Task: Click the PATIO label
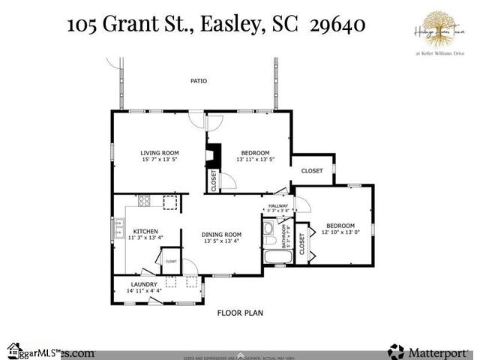[198, 81]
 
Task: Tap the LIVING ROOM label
[160, 152]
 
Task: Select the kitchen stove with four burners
[144, 201]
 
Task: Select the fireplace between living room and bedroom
[213, 156]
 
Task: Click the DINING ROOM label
[221, 234]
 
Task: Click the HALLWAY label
[277, 206]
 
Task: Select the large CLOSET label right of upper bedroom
[312, 171]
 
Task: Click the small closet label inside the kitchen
[171, 261]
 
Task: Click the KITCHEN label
[145, 231]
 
